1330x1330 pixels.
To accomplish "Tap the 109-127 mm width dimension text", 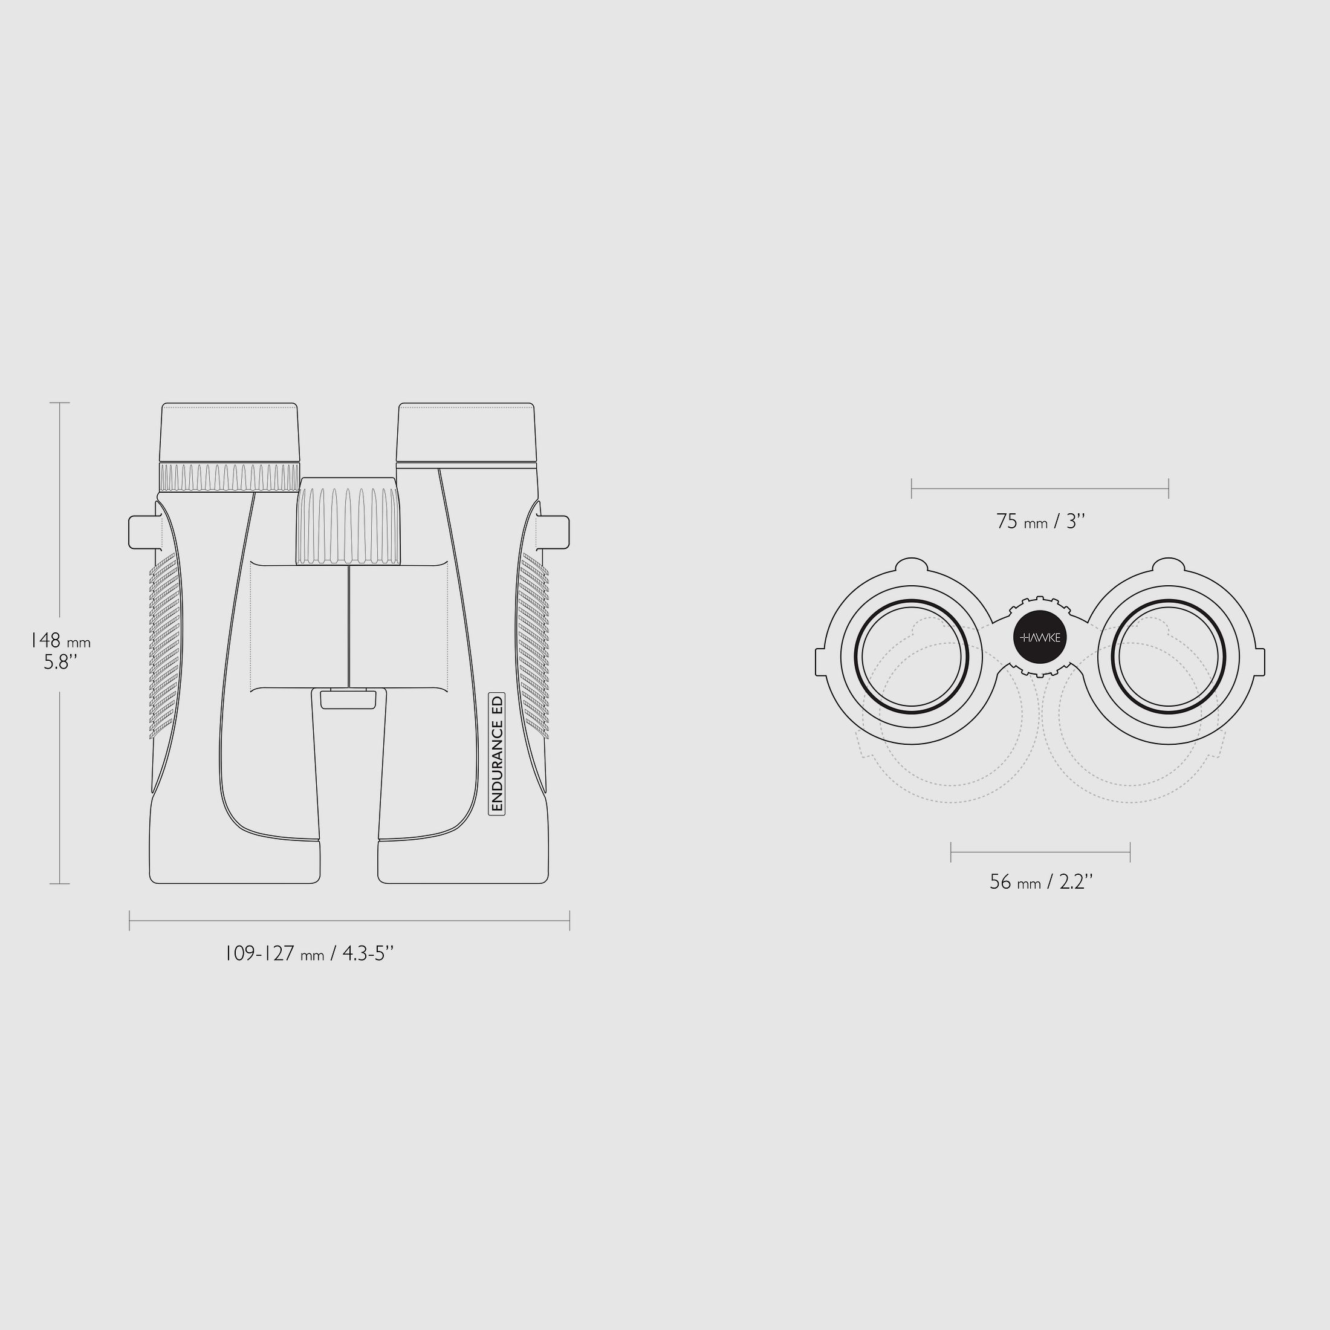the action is (310, 953).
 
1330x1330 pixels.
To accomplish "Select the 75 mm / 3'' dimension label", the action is (1040, 522).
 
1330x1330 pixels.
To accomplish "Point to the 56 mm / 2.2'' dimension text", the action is (1041, 882).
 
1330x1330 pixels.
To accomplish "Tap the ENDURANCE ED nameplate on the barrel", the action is (497, 754).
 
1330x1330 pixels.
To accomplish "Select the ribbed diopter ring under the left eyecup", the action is (229, 477).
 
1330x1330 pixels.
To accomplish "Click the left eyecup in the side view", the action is (229, 432).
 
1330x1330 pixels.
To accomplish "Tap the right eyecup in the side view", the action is (466, 432).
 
